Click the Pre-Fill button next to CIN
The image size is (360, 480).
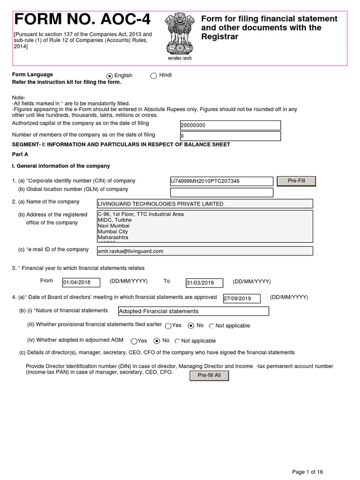tap(296, 181)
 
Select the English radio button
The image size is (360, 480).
tap(110, 76)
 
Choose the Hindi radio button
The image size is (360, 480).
tap(153, 76)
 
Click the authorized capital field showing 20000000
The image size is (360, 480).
tap(230, 126)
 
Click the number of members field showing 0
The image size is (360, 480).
tap(230, 136)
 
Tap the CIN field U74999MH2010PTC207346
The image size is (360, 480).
tap(221, 181)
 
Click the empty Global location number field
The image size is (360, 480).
tap(221, 192)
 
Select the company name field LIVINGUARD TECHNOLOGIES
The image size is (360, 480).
tap(204, 204)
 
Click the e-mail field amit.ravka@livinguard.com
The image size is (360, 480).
tap(204, 251)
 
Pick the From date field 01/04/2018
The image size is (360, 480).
tap(81, 282)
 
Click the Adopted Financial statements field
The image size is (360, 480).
tap(194, 311)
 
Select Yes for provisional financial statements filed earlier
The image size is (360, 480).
tap(168, 326)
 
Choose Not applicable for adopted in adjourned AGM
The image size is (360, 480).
tap(178, 341)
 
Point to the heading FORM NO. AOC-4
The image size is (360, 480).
tap(83, 20)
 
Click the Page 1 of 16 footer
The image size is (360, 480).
tap(307, 472)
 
